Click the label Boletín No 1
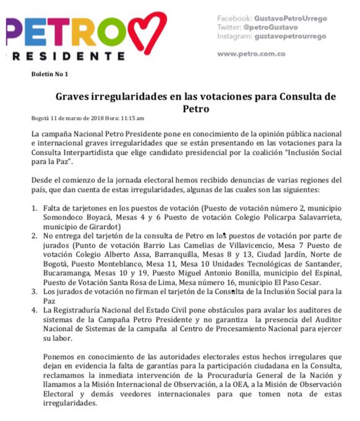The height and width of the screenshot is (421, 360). (x=50, y=74)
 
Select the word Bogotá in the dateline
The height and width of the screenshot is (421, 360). (x=41, y=118)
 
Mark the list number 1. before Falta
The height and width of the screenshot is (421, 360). (x=35, y=206)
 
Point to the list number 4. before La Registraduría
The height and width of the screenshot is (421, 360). (x=35, y=310)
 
